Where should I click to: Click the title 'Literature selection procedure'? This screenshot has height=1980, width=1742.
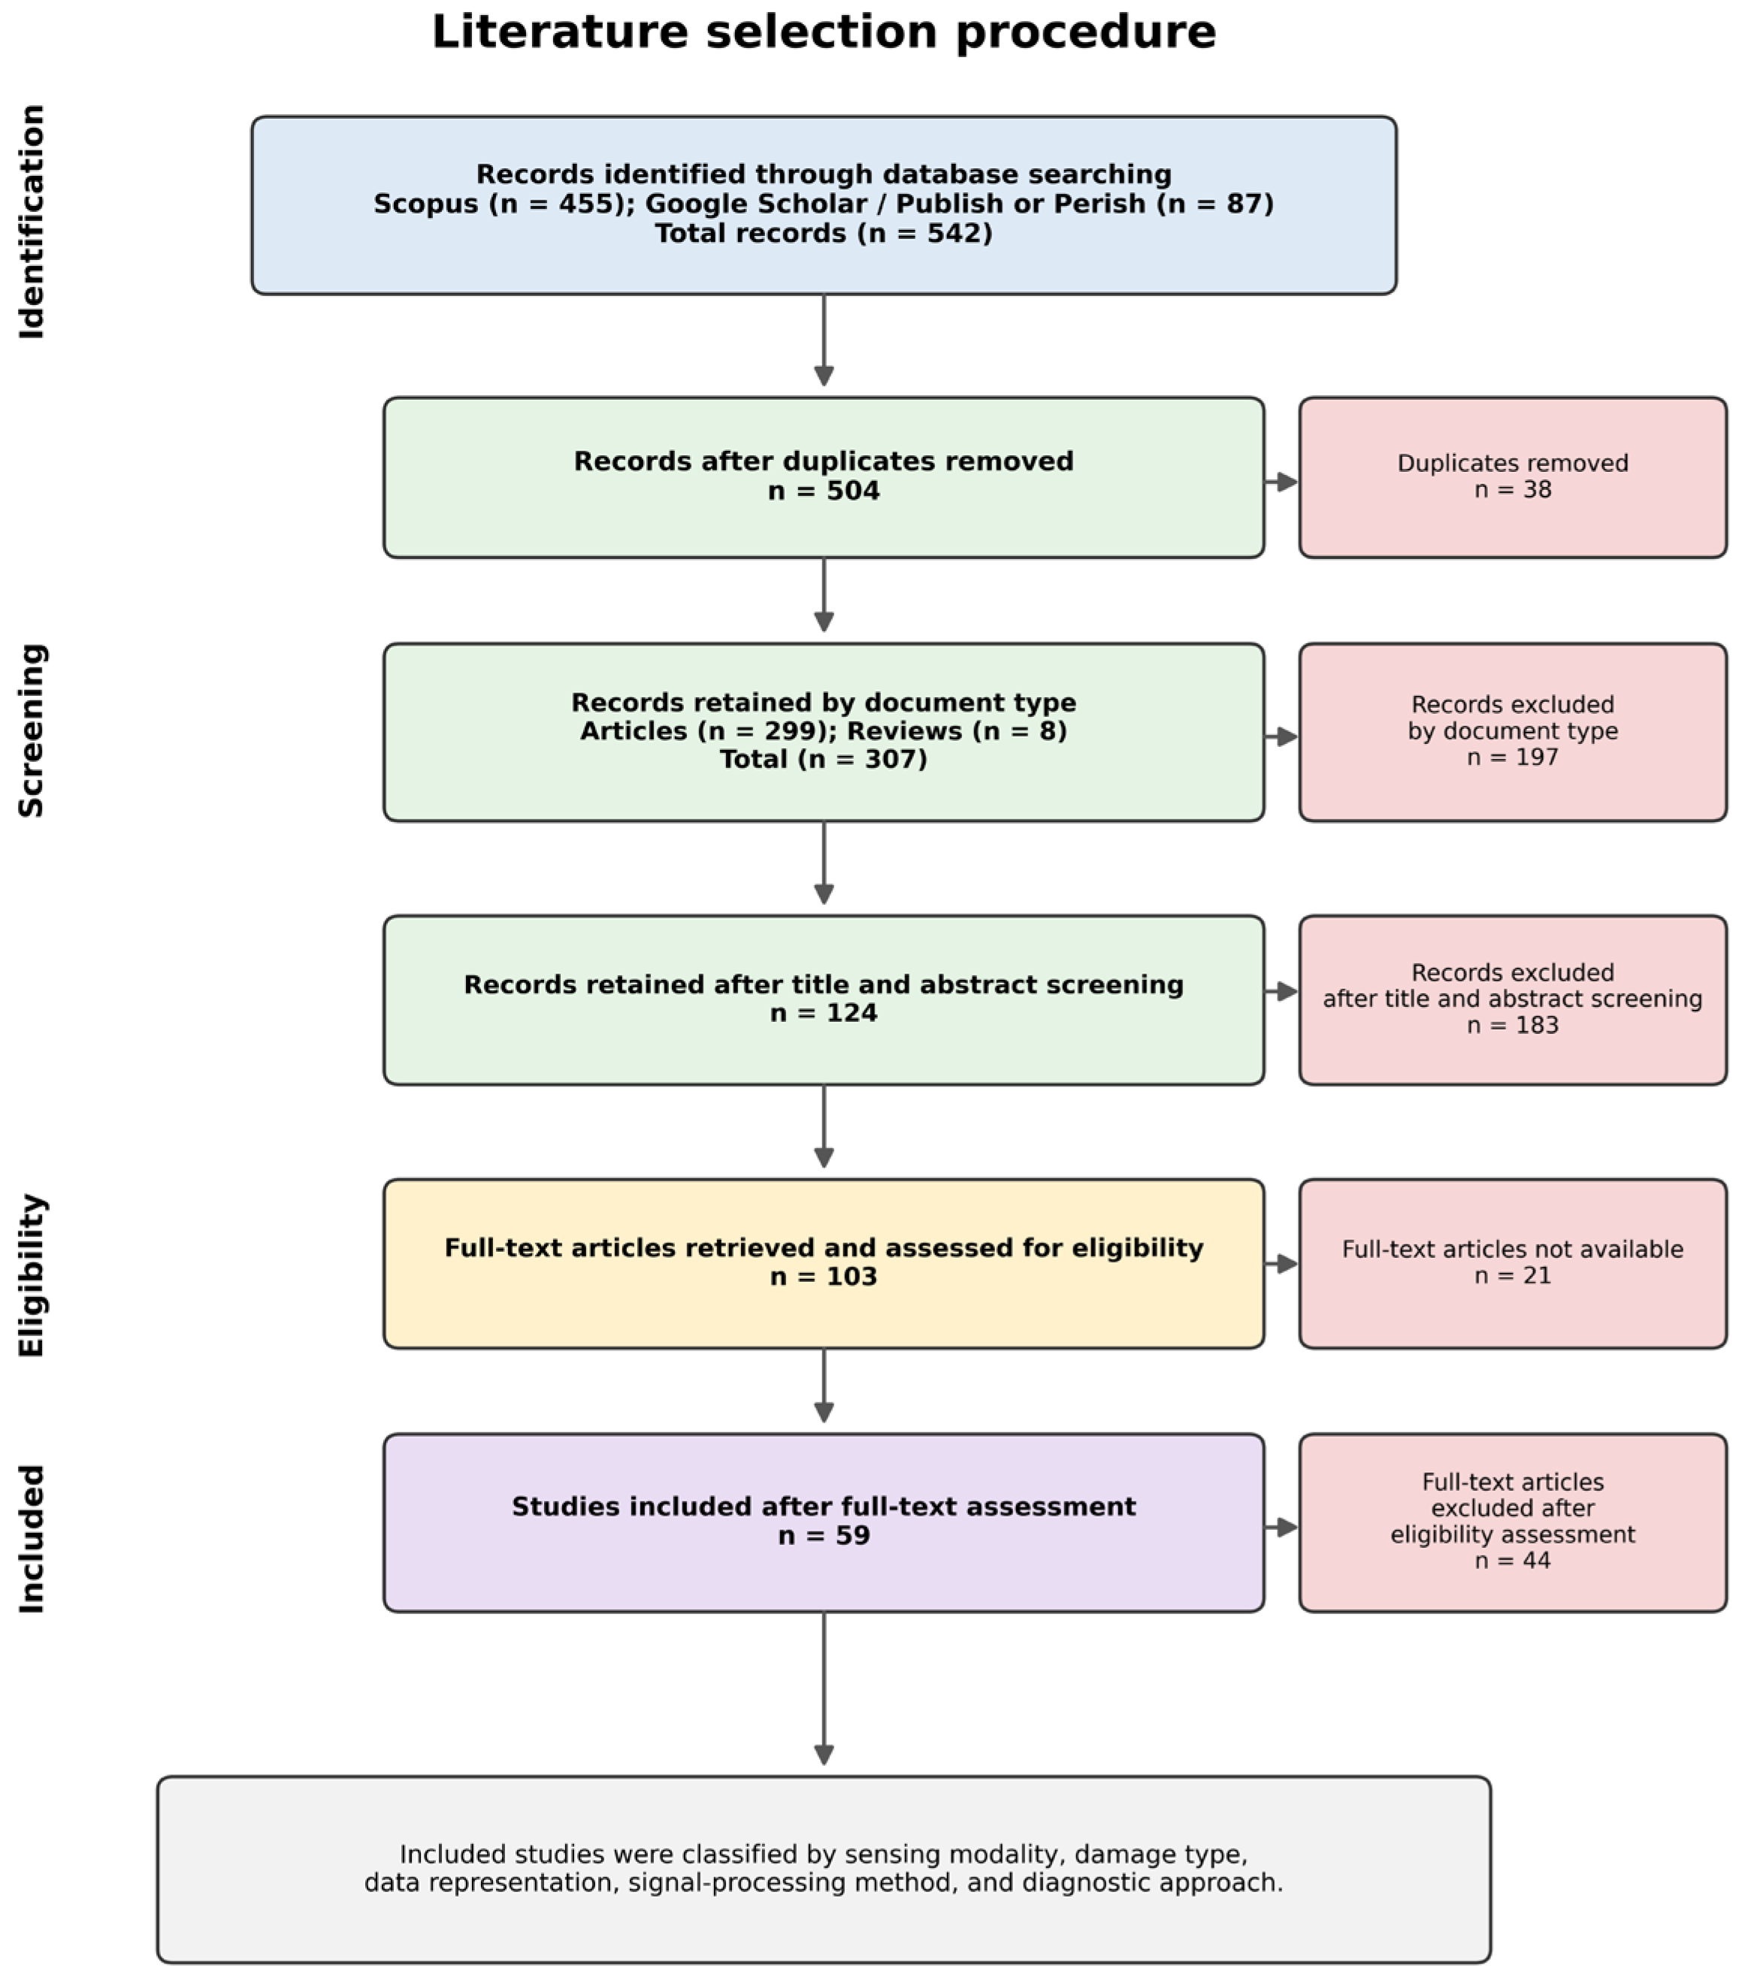(824, 32)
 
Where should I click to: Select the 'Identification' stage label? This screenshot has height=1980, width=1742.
(32, 222)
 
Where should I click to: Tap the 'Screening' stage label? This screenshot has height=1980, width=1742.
(32, 730)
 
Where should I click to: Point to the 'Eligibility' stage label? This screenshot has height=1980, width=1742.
(32, 1275)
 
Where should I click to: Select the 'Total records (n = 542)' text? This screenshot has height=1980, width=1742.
(824, 234)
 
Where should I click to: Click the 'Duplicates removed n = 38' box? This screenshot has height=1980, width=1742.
(1512, 478)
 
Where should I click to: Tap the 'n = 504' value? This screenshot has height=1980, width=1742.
(824, 491)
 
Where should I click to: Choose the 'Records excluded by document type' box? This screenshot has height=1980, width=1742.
(1512, 733)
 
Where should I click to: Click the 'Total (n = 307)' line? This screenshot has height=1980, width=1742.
(824, 760)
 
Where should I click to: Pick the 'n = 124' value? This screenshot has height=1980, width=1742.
(824, 1013)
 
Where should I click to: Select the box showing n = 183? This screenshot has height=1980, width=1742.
(1512, 999)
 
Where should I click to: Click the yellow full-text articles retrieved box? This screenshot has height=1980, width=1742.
(824, 1263)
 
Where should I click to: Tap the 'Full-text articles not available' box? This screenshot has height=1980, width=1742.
(1512, 1263)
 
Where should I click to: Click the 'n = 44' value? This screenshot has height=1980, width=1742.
(1512, 1561)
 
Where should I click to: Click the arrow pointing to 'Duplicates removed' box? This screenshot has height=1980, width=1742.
(1281, 482)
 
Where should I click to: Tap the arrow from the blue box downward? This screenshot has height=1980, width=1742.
(824, 340)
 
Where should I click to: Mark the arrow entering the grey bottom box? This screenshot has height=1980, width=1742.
(824, 1688)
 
